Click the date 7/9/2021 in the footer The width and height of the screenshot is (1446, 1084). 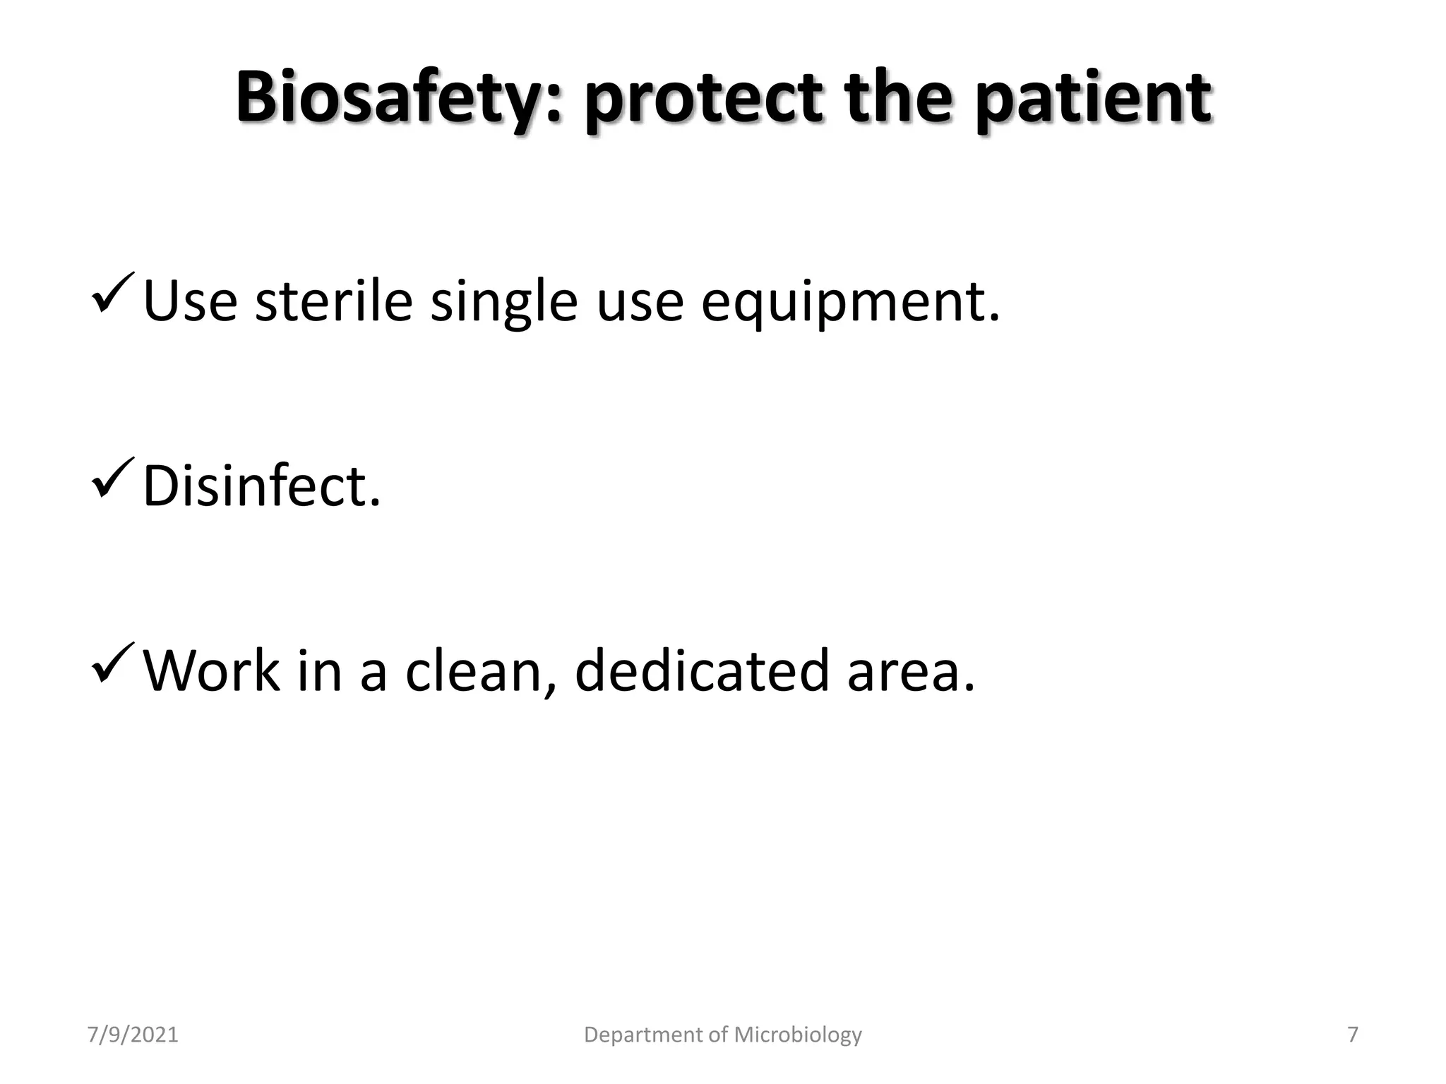coord(133,1035)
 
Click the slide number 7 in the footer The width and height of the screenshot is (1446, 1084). coord(1352,1035)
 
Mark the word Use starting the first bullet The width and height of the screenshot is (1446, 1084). coord(190,302)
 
